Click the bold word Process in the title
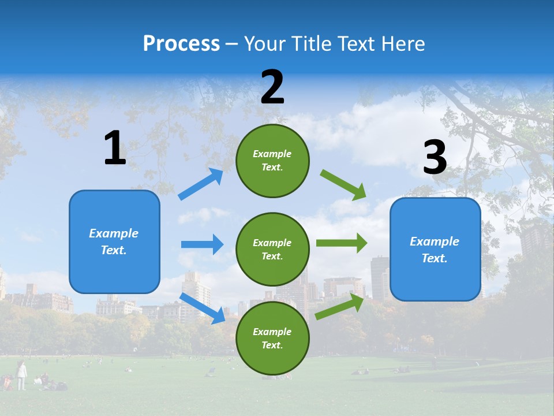click(x=181, y=44)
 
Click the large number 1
click(x=115, y=148)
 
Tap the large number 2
click(x=272, y=87)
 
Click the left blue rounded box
click(x=114, y=242)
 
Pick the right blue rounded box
click(x=435, y=249)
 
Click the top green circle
click(x=272, y=161)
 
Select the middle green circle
click(x=272, y=249)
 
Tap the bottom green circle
click(x=272, y=338)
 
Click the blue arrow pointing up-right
click(x=200, y=184)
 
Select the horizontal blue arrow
click(x=202, y=244)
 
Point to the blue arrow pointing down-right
click(x=202, y=308)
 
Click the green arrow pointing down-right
click(x=343, y=185)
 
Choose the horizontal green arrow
click(x=341, y=243)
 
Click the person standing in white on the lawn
click(x=21, y=375)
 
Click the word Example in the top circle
click(x=272, y=154)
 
